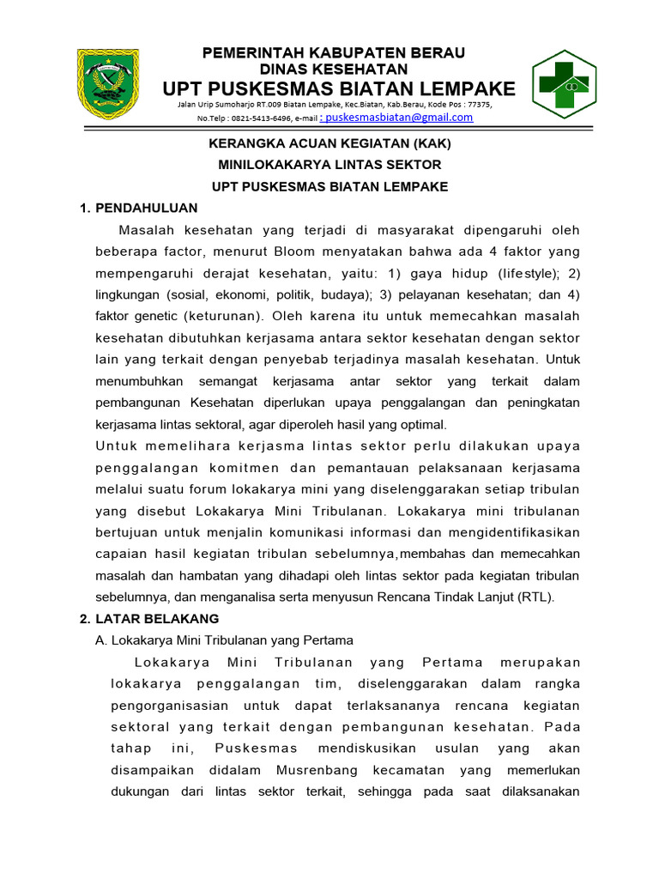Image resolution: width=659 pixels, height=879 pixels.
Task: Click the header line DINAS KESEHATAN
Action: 333,69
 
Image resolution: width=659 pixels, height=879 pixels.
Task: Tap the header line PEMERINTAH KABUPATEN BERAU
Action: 333,53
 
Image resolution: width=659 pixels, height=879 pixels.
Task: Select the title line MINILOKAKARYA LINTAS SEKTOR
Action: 330,164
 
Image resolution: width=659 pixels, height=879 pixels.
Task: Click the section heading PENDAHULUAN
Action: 147,208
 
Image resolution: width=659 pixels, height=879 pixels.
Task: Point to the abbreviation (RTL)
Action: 534,597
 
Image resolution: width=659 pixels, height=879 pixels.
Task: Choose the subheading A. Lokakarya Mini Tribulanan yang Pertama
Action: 224,640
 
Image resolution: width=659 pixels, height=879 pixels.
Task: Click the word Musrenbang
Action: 311,771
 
